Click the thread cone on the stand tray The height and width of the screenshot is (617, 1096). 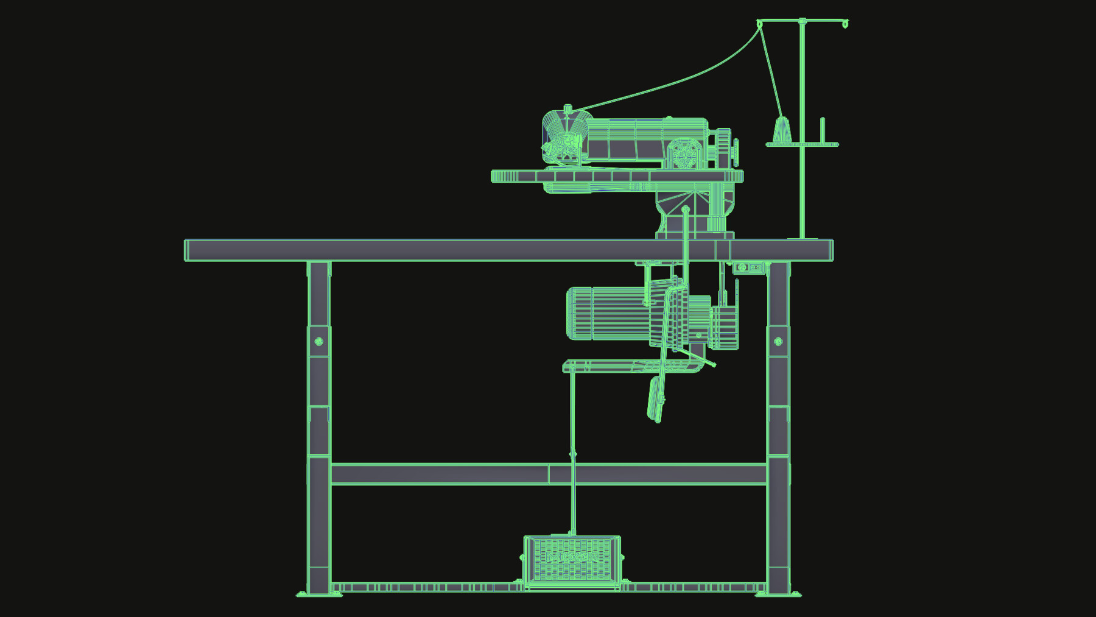tap(782, 130)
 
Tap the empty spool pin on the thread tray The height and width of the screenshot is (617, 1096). tap(823, 130)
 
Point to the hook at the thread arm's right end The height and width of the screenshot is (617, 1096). tap(845, 24)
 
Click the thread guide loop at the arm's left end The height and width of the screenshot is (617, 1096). tap(759, 24)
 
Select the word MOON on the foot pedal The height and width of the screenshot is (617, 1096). tap(572, 557)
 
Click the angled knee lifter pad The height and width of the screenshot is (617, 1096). tap(656, 399)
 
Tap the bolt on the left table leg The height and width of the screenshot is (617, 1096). tap(318, 342)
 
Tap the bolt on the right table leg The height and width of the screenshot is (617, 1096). tap(778, 342)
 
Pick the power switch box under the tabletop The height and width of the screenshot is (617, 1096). tap(748, 267)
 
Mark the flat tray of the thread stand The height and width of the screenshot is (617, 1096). tap(802, 144)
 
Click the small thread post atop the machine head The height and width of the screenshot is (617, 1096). tap(567, 110)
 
